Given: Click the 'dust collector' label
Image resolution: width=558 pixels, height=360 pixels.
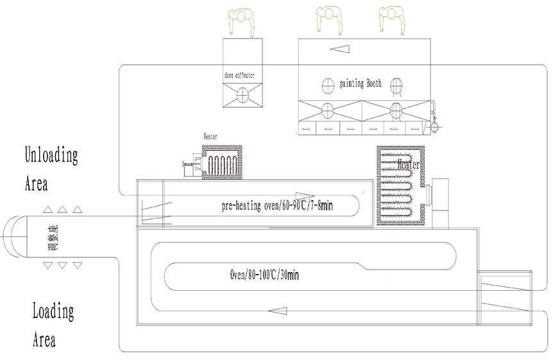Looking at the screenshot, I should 239,76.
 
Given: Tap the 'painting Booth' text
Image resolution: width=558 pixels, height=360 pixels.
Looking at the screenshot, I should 360,83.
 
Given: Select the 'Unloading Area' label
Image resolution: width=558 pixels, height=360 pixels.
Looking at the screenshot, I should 51,169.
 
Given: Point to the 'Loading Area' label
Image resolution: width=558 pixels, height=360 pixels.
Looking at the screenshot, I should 53,325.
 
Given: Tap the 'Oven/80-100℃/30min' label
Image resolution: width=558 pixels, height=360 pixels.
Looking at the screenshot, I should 264,275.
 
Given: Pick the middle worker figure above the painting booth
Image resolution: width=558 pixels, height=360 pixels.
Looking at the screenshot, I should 328,18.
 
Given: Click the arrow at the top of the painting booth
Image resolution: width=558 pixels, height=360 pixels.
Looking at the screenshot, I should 341,48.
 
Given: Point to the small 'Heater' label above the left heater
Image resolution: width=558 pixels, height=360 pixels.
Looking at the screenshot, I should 210,137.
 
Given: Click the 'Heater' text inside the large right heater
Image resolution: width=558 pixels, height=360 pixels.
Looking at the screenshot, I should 409,165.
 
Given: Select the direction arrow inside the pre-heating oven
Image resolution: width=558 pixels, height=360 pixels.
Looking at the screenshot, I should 304,196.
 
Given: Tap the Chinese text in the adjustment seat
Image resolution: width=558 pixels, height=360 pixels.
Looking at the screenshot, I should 45,237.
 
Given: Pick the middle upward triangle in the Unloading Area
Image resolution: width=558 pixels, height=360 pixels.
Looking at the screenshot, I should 62,209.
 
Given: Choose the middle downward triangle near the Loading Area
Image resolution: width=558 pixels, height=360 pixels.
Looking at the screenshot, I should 62,265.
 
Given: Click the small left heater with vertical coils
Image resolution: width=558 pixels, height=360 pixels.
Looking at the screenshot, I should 222,162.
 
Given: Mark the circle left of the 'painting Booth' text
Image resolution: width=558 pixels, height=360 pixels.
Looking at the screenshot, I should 328,84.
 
